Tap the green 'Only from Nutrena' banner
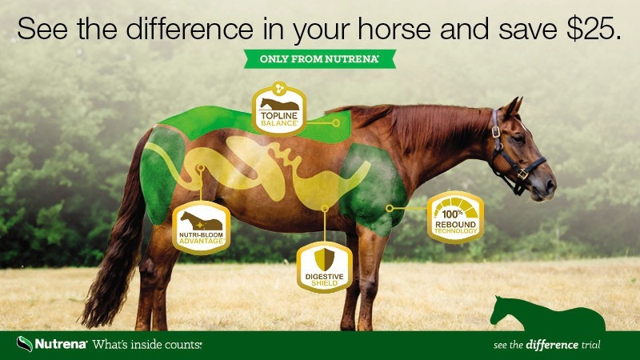318,59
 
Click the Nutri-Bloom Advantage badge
202,227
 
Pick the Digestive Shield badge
325,264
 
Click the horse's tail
112,256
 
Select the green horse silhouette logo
544,312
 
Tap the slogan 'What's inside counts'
146,346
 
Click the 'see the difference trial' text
547,346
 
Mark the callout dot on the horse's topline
337,123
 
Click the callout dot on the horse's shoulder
389,208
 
